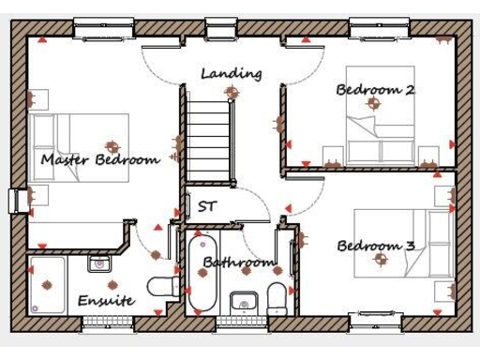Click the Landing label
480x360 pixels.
click(x=231, y=73)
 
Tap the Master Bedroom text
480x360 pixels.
click(x=99, y=160)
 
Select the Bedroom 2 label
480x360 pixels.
click(x=375, y=90)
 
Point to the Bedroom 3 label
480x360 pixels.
click(x=375, y=247)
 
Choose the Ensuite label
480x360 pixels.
click(x=105, y=301)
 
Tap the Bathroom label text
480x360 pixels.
click(x=239, y=262)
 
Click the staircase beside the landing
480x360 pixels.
click(x=209, y=136)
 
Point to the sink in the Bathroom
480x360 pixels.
click(x=244, y=303)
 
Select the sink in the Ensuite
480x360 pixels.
click(x=100, y=264)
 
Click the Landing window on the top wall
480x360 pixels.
click(x=222, y=28)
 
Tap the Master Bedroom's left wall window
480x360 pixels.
click(x=16, y=201)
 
